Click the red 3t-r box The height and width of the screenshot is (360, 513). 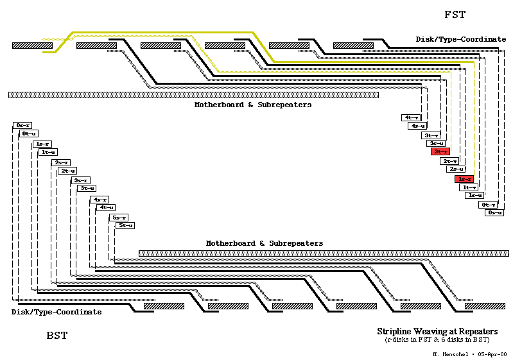(x=440, y=151)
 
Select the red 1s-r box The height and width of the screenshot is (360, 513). (x=464, y=179)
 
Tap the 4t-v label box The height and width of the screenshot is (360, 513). (x=412, y=117)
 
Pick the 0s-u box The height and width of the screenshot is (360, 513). (x=493, y=212)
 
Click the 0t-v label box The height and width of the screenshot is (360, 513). (x=488, y=205)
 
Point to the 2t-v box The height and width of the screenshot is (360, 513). (x=449, y=161)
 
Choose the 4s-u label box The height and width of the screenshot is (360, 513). (x=418, y=126)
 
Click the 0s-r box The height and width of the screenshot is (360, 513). (x=22, y=125)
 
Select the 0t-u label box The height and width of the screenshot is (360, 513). (x=29, y=133)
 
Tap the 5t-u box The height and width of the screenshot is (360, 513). (x=125, y=225)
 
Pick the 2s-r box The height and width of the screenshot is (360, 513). (x=62, y=162)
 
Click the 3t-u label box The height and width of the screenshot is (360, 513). (x=87, y=188)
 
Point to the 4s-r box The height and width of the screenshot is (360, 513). (x=100, y=200)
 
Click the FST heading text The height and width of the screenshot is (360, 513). (x=455, y=15)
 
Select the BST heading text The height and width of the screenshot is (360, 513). (x=57, y=336)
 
